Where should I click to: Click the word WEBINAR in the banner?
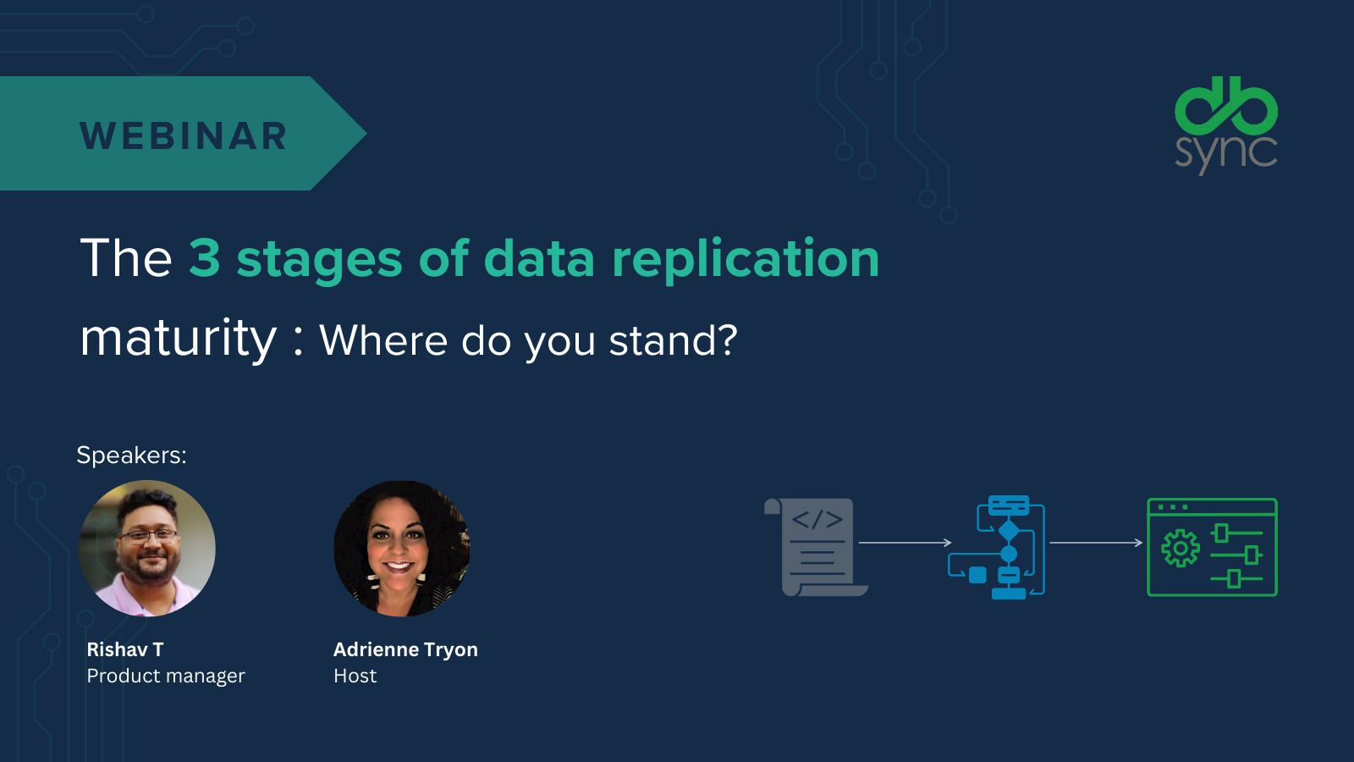pos(184,136)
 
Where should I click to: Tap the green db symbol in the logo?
pos(1225,106)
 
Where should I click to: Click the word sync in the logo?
pos(1225,152)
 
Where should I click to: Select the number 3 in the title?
pos(205,258)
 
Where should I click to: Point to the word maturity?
pos(179,339)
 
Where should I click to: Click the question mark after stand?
pos(727,340)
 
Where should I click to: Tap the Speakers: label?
pos(131,456)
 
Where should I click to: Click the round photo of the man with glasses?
pos(147,548)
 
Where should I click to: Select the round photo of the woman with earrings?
pos(402,548)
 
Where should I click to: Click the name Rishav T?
pos(125,649)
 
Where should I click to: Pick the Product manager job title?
pos(166,676)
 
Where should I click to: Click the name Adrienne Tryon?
pos(405,649)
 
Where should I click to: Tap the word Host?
pos(355,676)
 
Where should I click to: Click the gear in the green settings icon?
pos(1181,548)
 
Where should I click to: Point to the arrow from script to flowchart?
pos(905,543)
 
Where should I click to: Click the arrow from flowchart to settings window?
pos(1096,543)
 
